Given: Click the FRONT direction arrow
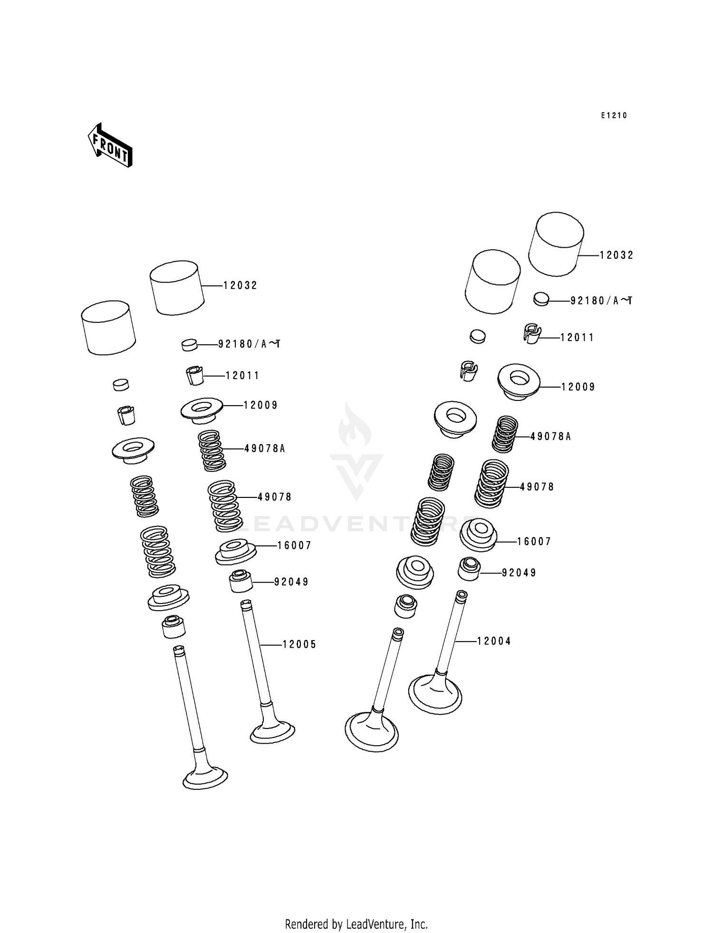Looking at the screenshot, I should point(110,146).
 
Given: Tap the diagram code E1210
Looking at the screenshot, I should point(614,116).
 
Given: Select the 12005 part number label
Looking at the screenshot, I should point(299,644).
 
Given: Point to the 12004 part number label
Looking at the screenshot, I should point(494,641).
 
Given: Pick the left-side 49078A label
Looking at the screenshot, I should point(265,448).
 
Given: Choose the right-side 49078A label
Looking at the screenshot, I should point(550,436).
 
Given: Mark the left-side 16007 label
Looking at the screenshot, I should point(294,545).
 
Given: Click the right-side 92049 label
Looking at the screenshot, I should point(519,573).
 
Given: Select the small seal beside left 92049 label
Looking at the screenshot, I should point(241,581).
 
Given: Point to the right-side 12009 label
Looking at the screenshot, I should point(578,387).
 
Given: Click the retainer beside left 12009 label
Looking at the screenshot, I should point(202,410).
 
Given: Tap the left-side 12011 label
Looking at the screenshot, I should point(242,376).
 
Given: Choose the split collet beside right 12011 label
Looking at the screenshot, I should point(532,333).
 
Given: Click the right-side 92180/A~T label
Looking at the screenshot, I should point(601,301).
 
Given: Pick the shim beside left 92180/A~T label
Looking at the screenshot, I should point(190,344).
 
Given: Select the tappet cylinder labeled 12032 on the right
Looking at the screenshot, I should point(557,243).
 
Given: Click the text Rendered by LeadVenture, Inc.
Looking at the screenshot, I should point(356,924).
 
